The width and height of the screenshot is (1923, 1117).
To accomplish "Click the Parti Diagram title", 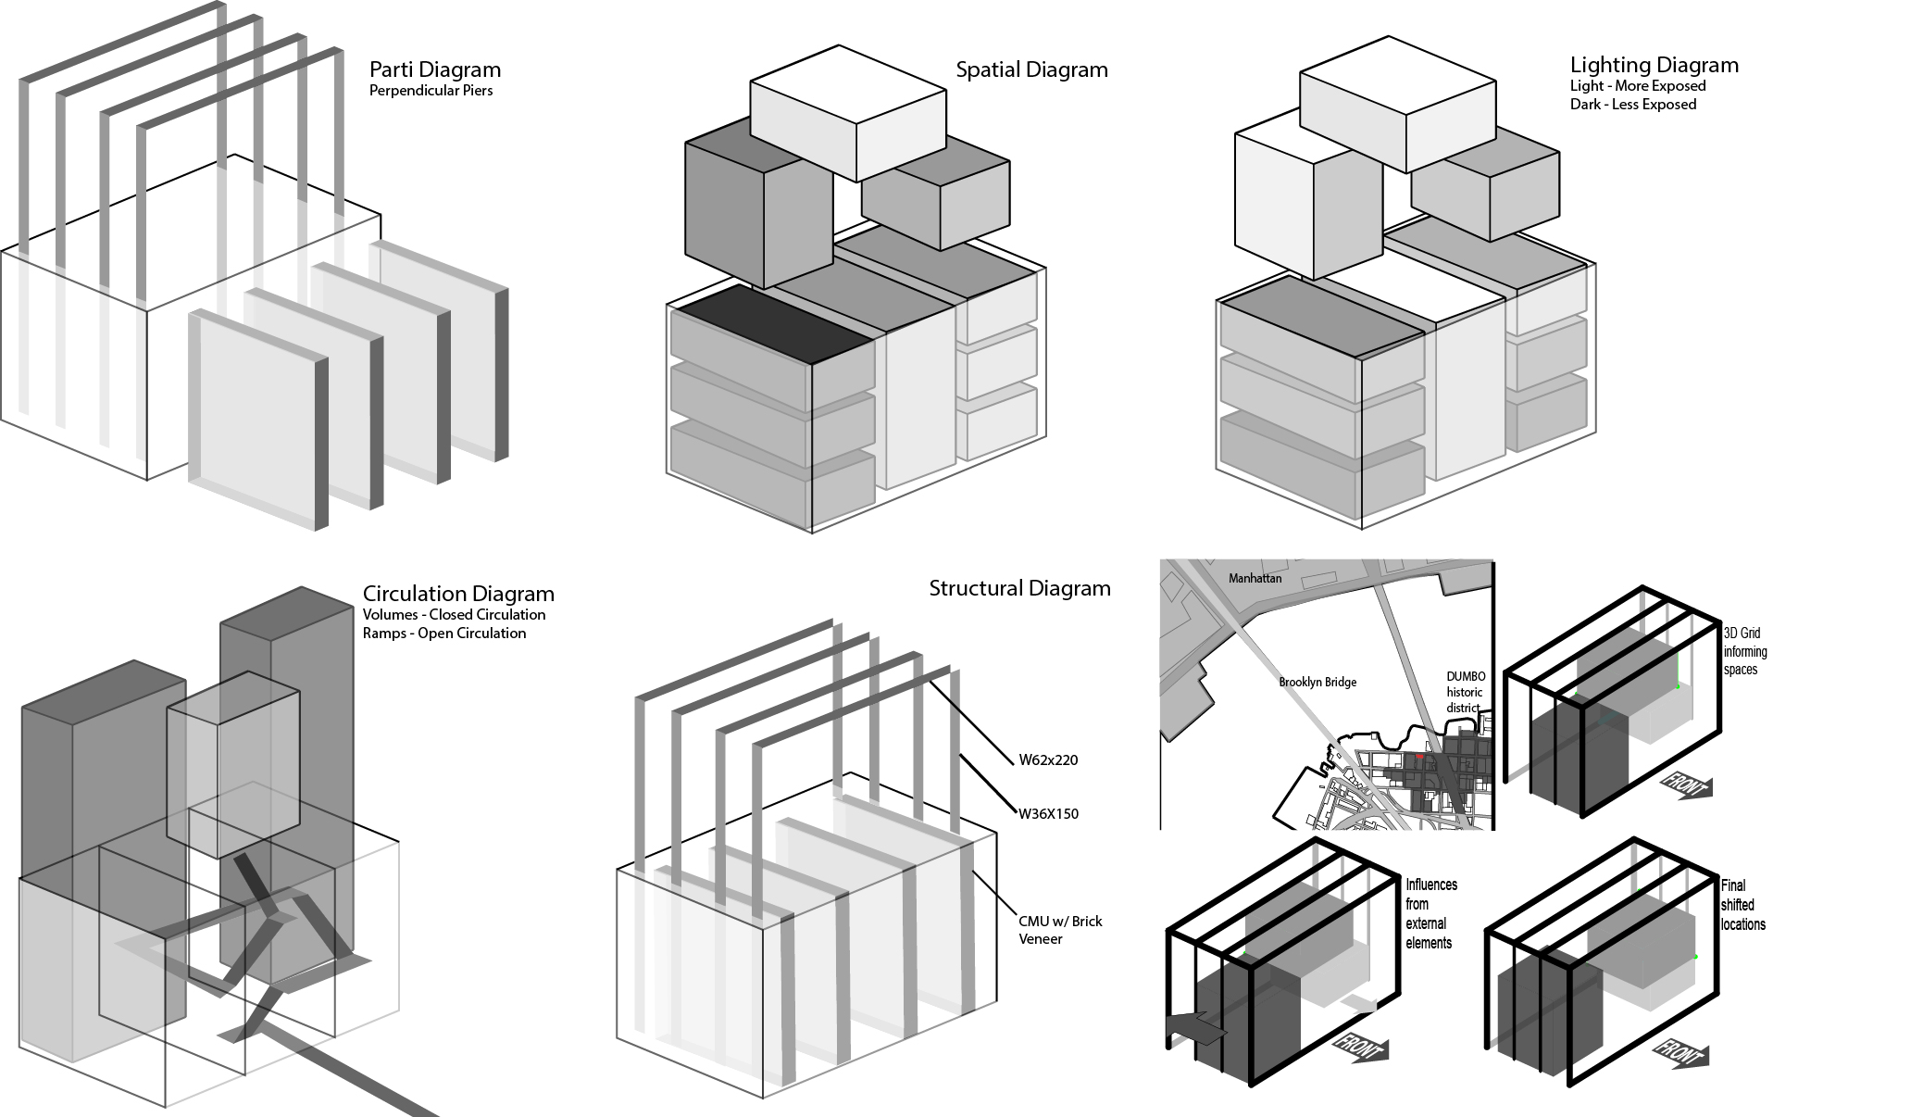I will pos(434,69).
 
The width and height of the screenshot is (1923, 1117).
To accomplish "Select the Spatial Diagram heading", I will pos(1031,69).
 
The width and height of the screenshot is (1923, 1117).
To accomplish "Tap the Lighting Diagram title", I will pos(1654,65).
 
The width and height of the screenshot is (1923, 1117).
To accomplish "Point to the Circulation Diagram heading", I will pos(458,594).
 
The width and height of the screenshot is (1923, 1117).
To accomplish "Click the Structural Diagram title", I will pos(1019,588).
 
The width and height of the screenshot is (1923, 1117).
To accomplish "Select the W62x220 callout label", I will pos(1048,760).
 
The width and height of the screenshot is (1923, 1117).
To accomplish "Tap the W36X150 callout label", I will pos(1048,814).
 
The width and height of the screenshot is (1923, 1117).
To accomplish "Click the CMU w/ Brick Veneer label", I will pos(1060,930).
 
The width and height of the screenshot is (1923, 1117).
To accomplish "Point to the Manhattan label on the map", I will pos(1255,579).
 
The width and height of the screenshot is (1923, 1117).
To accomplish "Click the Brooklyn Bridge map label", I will pos(1317,683).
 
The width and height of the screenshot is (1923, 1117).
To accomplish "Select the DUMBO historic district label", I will pos(1466,692).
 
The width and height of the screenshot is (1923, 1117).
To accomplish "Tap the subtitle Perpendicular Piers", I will pos(431,91).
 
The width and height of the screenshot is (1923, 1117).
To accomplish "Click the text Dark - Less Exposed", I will pos(1632,105).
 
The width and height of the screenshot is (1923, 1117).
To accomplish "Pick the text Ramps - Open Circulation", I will pos(443,634).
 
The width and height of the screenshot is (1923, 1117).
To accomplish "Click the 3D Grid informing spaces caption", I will pos(1744,651).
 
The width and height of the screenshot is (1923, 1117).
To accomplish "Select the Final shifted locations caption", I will pos(1742,905).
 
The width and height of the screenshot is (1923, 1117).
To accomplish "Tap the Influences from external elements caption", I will pos(1430,913).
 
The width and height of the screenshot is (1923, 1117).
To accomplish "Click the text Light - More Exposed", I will pos(1637,86).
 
